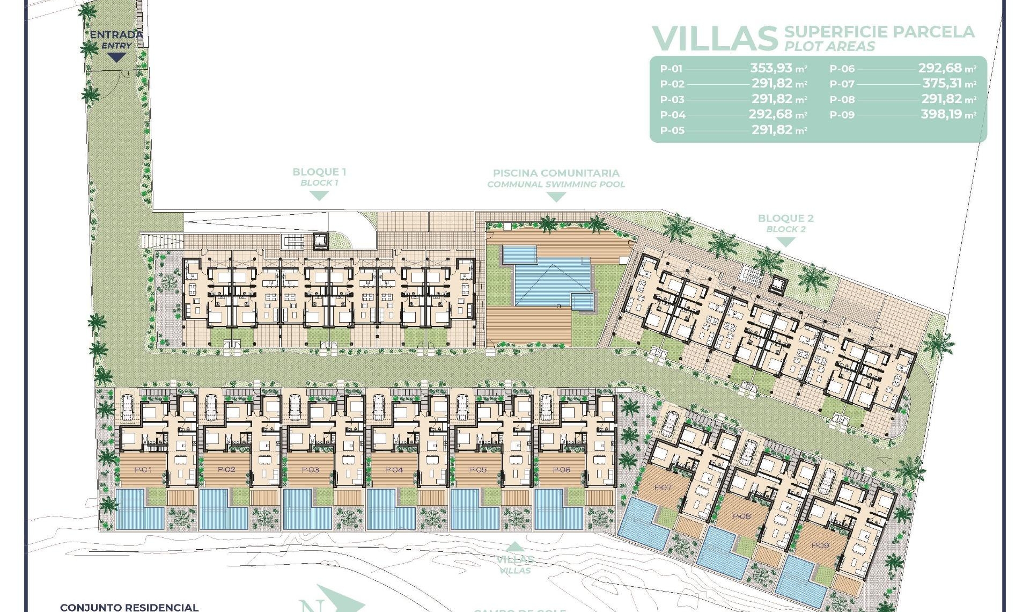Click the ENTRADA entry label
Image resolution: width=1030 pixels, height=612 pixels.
(x=116, y=35)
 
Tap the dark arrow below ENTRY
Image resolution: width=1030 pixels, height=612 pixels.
(x=116, y=57)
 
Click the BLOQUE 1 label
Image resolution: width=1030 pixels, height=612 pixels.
(x=319, y=172)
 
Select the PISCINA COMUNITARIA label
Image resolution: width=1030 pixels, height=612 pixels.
(x=556, y=173)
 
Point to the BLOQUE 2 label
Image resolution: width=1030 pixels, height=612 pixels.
(x=785, y=218)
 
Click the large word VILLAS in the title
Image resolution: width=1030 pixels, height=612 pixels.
(x=715, y=39)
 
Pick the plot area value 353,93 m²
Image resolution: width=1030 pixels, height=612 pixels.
(x=778, y=68)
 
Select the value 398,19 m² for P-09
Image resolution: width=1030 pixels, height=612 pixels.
(x=948, y=114)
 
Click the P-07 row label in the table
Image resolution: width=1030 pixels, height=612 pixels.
(x=842, y=84)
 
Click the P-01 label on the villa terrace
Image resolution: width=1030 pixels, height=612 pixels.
(x=143, y=470)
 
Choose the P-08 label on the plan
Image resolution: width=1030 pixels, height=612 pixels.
(x=741, y=516)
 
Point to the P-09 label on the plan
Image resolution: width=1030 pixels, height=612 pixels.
(x=820, y=545)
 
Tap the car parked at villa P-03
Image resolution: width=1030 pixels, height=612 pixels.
(x=295, y=407)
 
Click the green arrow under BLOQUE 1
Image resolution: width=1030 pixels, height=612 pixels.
(x=319, y=196)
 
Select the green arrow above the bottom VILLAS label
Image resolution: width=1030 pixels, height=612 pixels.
(x=514, y=547)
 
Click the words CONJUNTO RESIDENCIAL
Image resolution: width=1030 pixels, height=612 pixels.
(x=129, y=607)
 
